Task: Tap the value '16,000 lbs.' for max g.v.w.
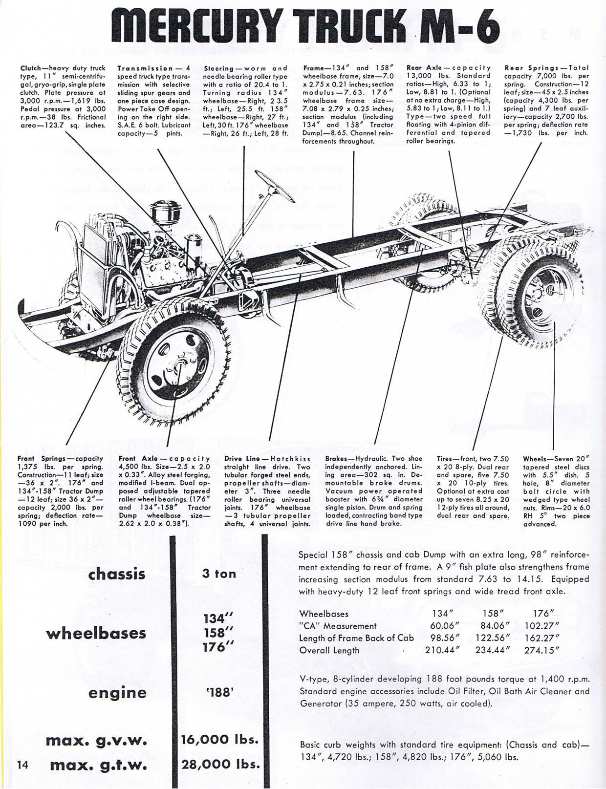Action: [x=219, y=739]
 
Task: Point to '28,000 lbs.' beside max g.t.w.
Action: [x=219, y=764]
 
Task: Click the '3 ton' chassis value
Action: [x=218, y=574]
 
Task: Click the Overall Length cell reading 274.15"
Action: [x=541, y=650]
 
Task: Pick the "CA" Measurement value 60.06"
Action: [x=443, y=626]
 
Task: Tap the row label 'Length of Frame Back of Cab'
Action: [x=356, y=638]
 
